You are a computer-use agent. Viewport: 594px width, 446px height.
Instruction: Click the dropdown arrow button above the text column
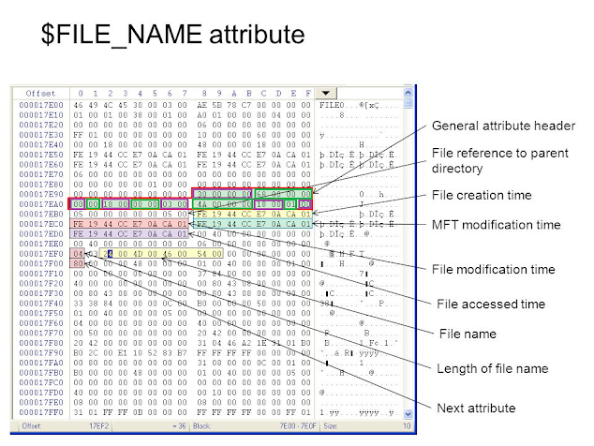tap(324, 94)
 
